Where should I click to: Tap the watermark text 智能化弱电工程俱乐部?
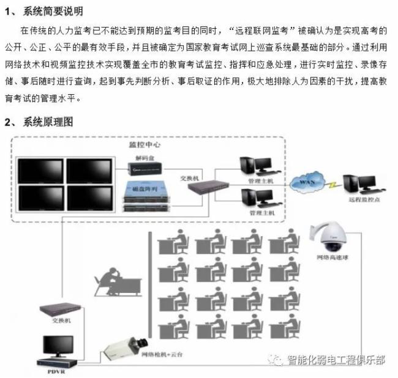[336, 360]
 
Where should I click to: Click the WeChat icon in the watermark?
[278, 360]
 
